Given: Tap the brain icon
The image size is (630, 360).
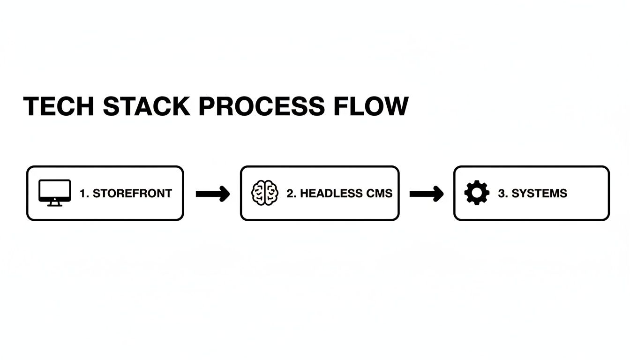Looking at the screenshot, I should click(x=265, y=193).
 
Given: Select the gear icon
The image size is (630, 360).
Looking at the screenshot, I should click(x=477, y=193).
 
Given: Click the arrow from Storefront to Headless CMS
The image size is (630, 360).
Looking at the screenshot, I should click(x=212, y=193).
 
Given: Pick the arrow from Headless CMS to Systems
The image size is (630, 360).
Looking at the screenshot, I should click(x=426, y=193).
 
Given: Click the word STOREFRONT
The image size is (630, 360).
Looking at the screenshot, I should click(x=132, y=193).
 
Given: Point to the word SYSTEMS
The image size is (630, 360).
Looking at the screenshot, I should click(x=539, y=193).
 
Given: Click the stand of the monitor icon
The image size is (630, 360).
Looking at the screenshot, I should click(x=55, y=203).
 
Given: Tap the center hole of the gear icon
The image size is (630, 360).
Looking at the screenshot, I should click(x=477, y=193).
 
